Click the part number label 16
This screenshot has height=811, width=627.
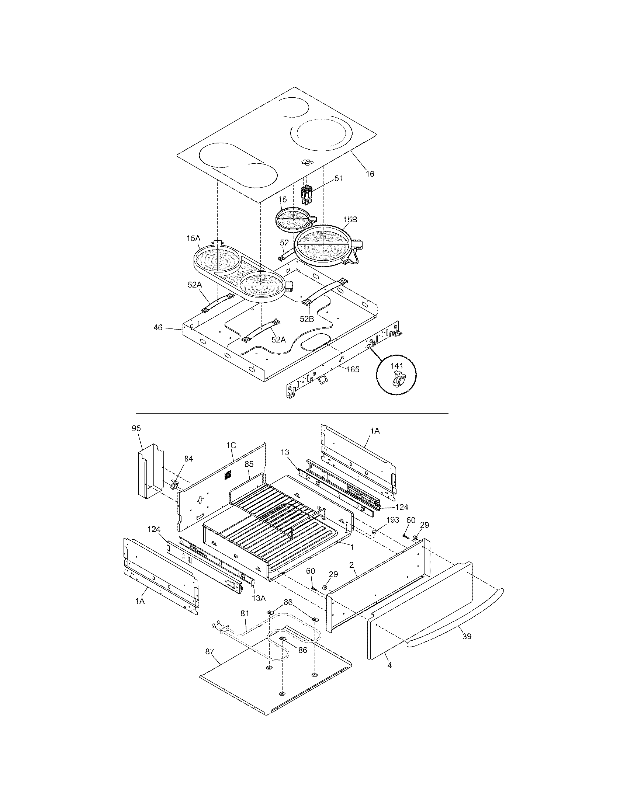tap(369, 174)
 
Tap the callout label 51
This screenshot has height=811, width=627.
tap(338, 178)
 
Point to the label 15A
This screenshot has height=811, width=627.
tap(193, 238)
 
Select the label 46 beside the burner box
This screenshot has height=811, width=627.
tap(158, 327)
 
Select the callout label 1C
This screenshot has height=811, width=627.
tap(231, 445)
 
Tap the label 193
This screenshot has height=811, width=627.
tap(393, 520)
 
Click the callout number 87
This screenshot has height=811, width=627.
tap(209, 651)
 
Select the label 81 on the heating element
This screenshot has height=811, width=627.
tap(245, 613)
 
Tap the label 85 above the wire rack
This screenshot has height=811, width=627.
tap(249, 464)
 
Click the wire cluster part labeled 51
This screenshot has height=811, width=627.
tap(307, 195)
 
